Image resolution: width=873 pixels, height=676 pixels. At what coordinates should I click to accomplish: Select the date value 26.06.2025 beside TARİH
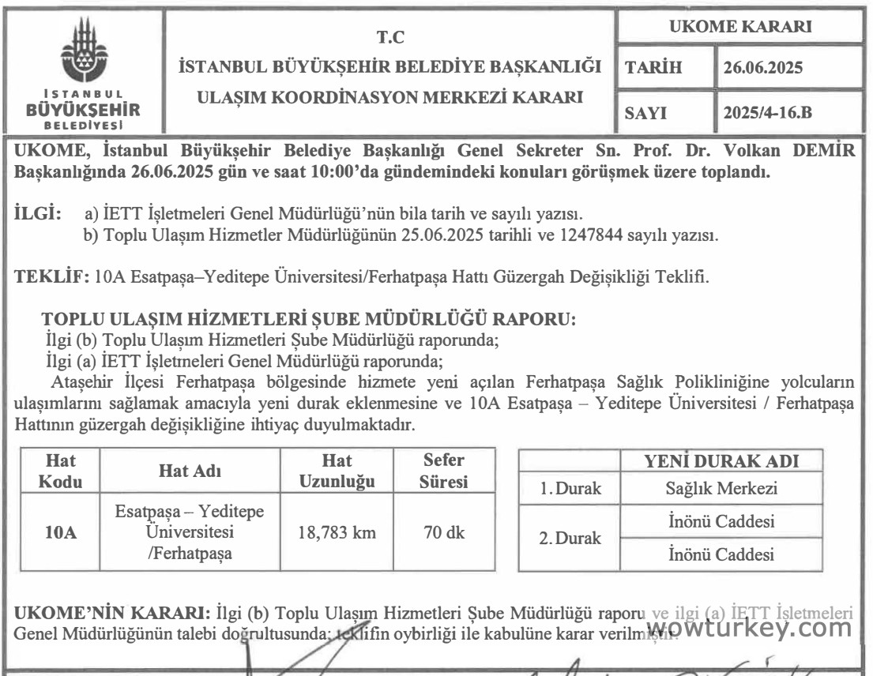coord(763,68)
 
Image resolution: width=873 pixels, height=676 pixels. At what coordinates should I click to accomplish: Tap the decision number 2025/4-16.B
coord(767,114)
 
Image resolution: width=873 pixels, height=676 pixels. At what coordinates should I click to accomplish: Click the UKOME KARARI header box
coord(739,26)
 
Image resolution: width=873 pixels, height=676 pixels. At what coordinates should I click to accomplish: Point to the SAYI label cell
coord(645,114)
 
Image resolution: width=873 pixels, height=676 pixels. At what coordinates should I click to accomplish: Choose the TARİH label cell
coord(653,68)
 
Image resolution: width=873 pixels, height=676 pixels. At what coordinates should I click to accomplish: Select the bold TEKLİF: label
coord(52,277)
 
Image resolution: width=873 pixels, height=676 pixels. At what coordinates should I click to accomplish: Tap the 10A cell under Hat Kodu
coord(61,532)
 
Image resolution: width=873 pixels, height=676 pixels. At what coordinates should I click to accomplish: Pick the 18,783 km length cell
coord(337,532)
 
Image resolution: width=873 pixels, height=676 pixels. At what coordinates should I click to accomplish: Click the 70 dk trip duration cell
coord(444,532)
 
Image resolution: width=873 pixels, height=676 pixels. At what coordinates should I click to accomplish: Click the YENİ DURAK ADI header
coord(721,461)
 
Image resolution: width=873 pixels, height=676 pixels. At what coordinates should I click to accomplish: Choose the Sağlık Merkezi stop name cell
coord(721,489)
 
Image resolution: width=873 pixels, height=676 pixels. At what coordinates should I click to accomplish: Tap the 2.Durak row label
coord(570,539)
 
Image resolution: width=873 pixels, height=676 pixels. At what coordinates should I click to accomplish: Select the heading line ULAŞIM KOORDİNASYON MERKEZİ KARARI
coord(389,99)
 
